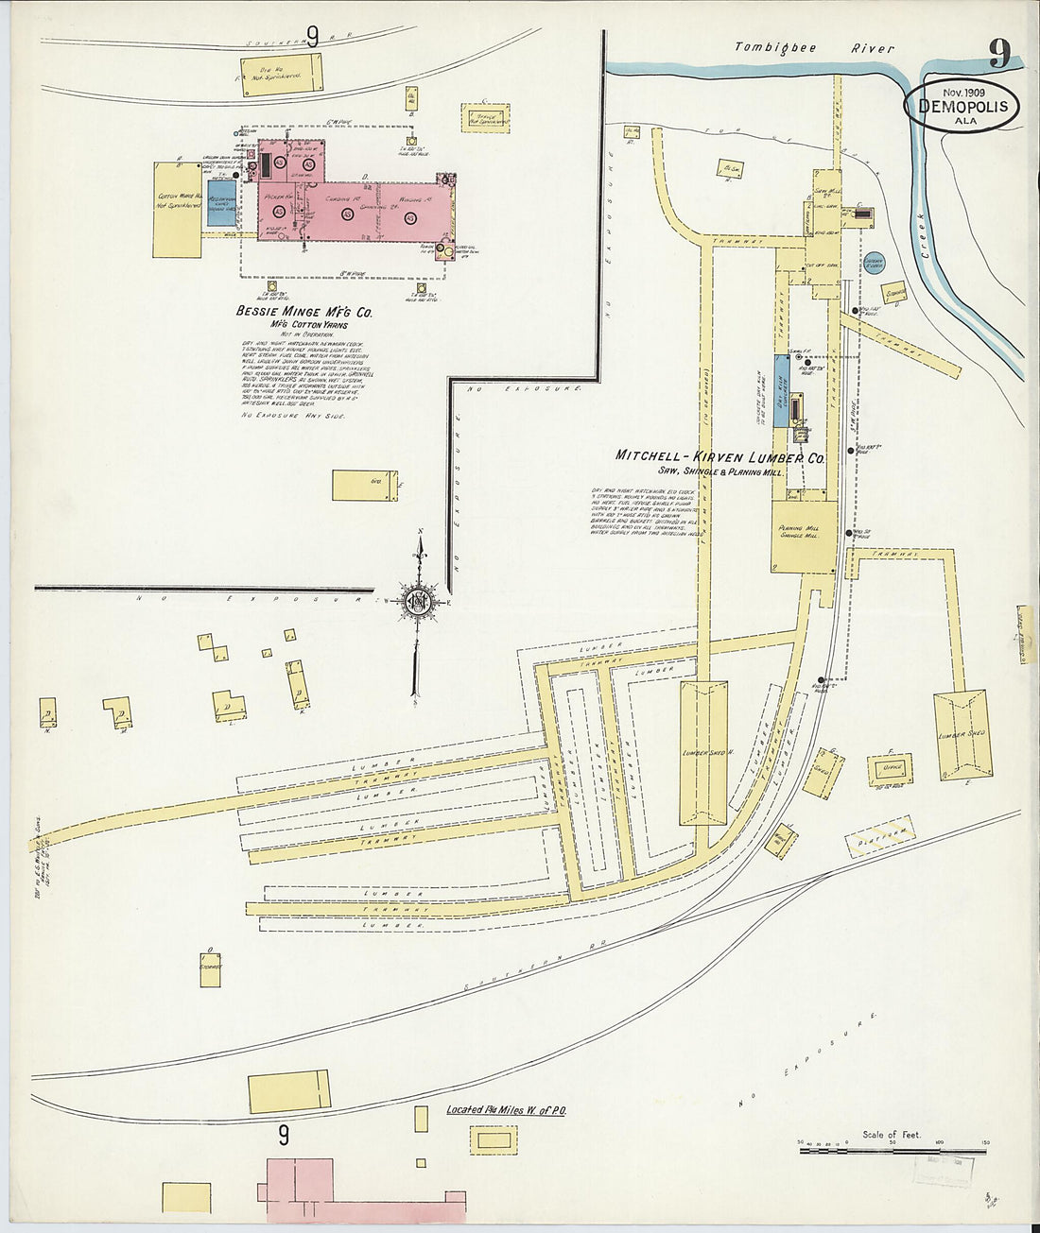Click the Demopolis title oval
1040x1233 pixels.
(x=962, y=107)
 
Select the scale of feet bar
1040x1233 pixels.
(x=894, y=1148)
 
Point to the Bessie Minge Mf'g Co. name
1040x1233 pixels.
(x=298, y=310)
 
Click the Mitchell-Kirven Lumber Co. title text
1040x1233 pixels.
(x=720, y=455)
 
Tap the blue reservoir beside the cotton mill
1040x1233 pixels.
(x=221, y=203)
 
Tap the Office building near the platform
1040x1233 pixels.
(x=890, y=766)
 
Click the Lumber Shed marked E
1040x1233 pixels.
(x=963, y=734)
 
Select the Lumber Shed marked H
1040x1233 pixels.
(x=703, y=753)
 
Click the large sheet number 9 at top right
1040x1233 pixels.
(x=998, y=54)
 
